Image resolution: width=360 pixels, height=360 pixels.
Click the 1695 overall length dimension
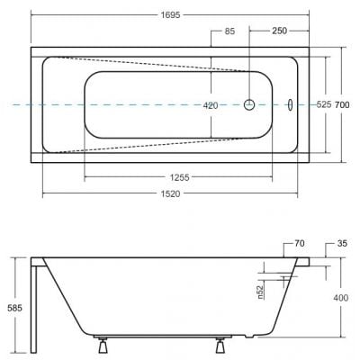pyautogui.click(x=170, y=14)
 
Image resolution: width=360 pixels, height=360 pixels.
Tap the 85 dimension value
pyautogui.click(x=229, y=31)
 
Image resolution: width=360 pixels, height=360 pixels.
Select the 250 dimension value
pyautogui.click(x=279, y=31)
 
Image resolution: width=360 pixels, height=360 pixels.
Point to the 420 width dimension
pyautogui.click(x=211, y=105)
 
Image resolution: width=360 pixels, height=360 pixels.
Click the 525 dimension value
pyautogui.click(x=324, y=104)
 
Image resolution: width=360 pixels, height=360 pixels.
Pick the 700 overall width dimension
pyautogui.click(x=342, y=105)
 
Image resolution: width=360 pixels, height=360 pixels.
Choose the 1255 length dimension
pyautogui.click(x=180, y=177)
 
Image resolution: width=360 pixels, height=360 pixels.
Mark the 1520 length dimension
pyautogui.click(x=171, y=193)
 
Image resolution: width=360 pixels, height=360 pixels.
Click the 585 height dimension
pyautogui.click(x=14, y=308)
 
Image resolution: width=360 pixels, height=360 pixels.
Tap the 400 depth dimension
pyautogui.click(x=341, y=298)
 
